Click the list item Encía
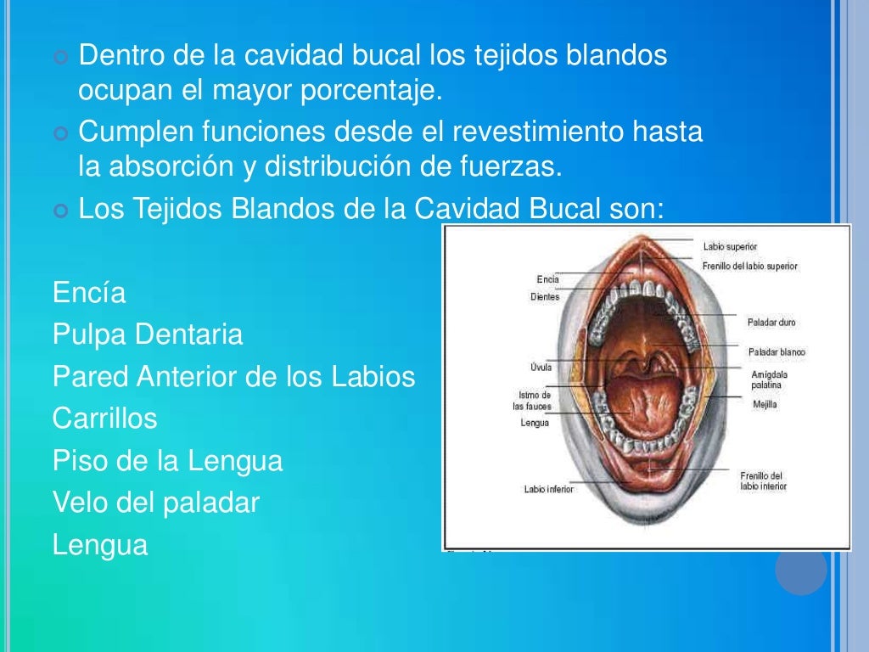click(x=89, y=293)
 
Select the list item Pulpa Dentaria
click(x=148, y=334)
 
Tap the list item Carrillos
click(x=105, y=419)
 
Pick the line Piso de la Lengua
click(x=167, y=461)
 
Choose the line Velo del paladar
click(x=155, y=503)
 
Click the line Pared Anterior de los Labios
click(x=233, y=376)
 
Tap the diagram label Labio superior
click(x=730, y=246)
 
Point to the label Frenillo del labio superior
click(x=749, y=267)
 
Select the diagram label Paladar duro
click(x=771, y=323)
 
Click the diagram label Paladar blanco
click(x=776, y=351)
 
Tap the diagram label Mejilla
click(x=765, y=405)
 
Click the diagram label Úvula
click(x=540, y=368)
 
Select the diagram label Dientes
click(x=544, y=297)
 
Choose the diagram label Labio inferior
click(x=548, y=489)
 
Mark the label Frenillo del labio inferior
click(x=763, y=481)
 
